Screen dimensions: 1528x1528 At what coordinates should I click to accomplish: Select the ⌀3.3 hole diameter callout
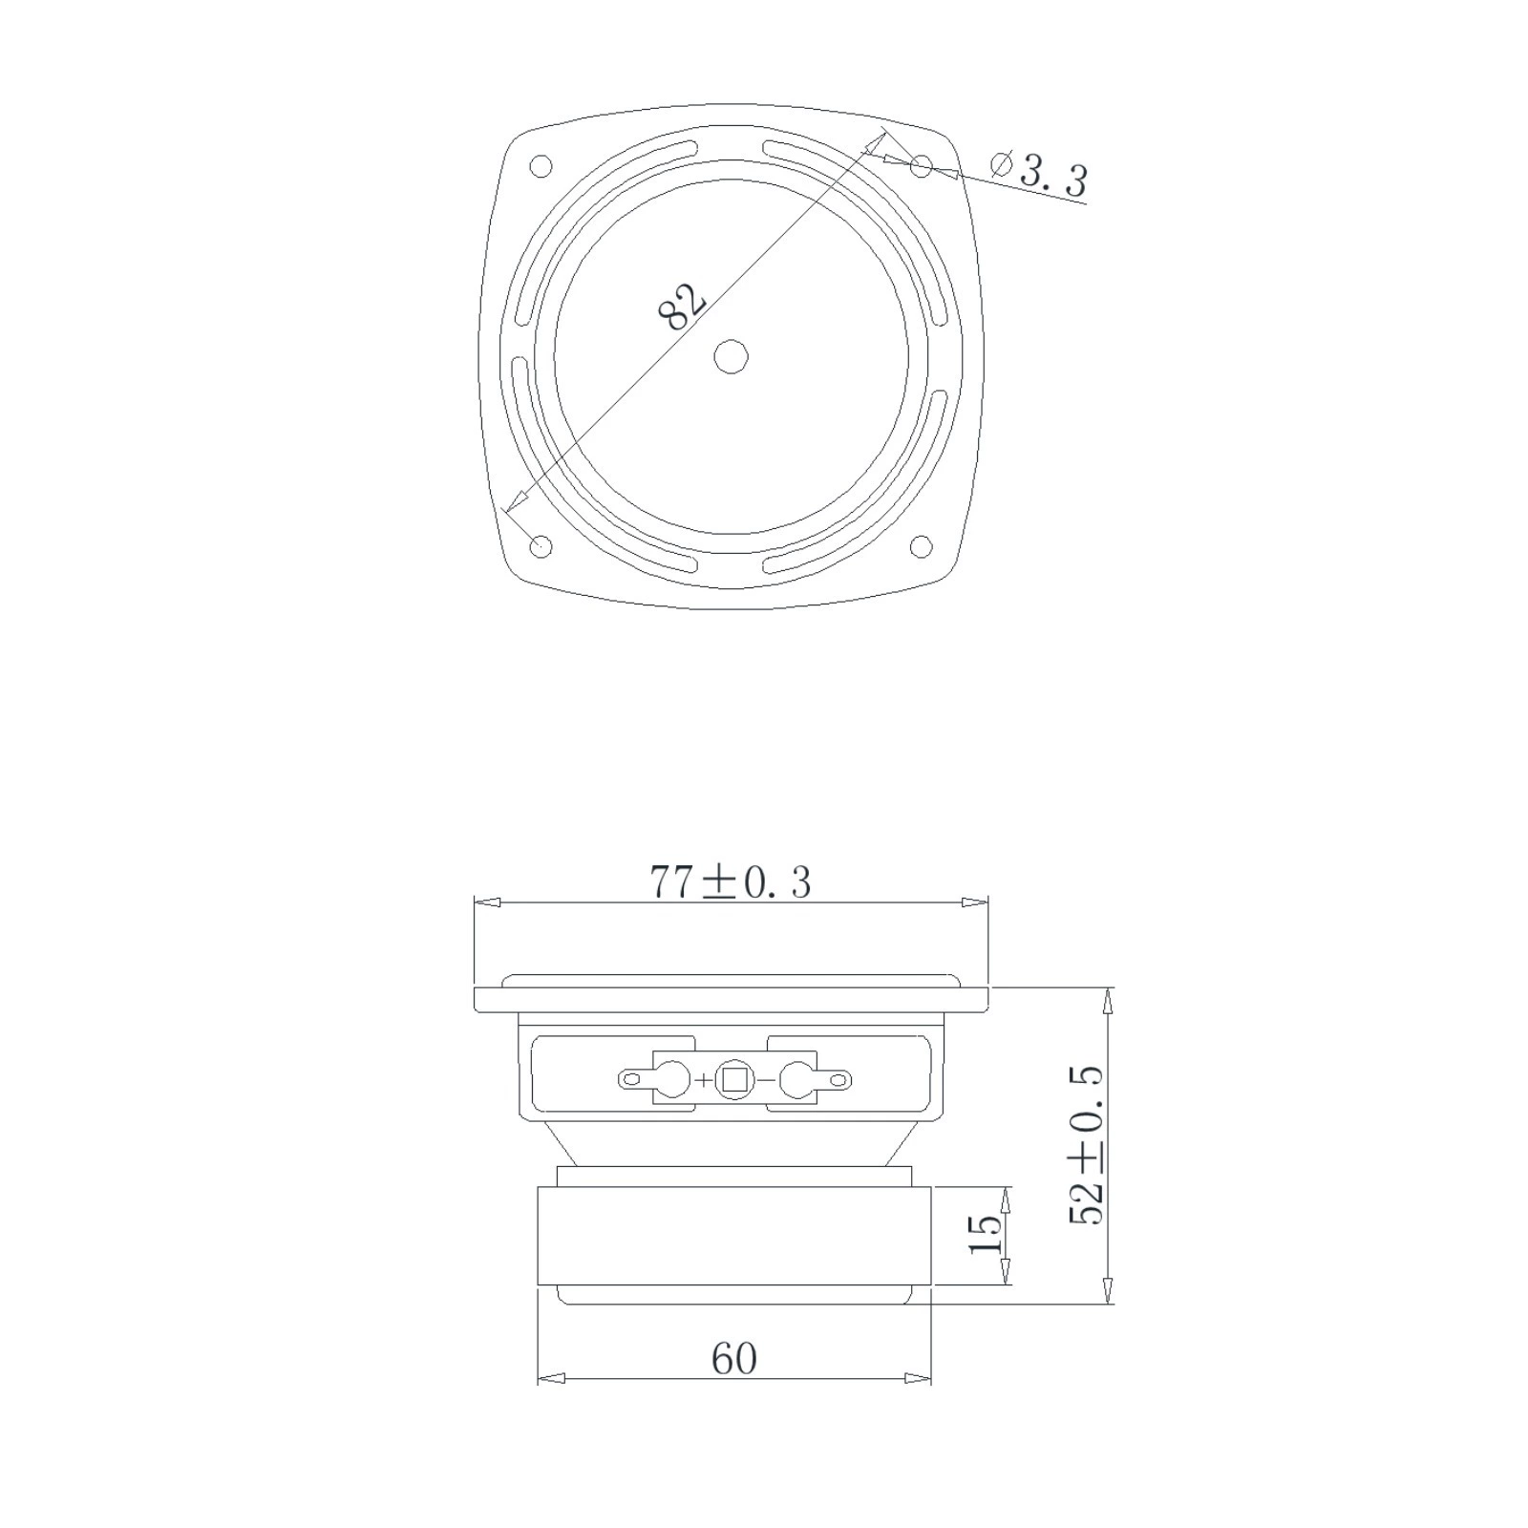pyautogui.click(x=1039, y=176)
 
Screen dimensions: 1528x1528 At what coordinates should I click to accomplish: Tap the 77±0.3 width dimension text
pyautogui.click(x=731, y=882)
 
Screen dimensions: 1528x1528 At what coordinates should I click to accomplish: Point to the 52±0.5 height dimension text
pyautogui.click(x=1086, y=1145)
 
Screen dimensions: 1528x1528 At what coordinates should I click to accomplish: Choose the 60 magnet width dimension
pyautogui.click(x=733, y=1359)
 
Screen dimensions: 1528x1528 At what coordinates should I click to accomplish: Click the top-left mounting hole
pyautogui.click(x=541, y=166)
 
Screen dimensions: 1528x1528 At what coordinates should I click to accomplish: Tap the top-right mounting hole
pyautogui.click(x=921, y=166)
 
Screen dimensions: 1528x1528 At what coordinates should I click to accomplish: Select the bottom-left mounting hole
pyautogui.click(x=541, y=547)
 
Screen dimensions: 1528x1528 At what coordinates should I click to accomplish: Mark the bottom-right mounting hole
pyautogui.click(x=921, y=546)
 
